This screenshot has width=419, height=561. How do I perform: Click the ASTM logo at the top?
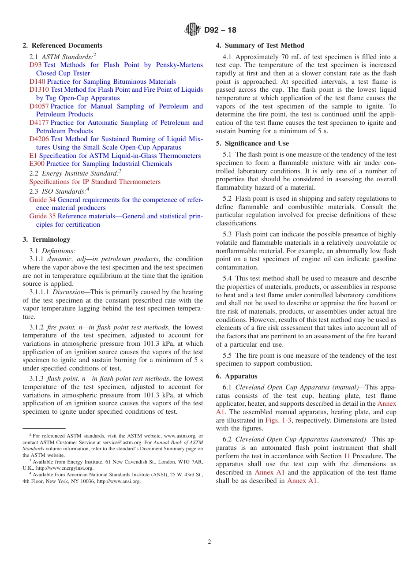pos(193,30)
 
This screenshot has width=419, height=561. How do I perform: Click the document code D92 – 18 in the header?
pos(220,30)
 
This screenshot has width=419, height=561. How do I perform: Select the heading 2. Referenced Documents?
pos(63,45)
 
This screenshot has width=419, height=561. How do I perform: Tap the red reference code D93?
pos(36,65)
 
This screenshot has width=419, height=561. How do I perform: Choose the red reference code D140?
pos(37,82)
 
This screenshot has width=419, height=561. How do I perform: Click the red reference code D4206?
pos(39,139)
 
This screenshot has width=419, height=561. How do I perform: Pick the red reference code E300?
pos(37,164)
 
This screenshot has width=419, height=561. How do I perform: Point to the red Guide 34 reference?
pos(42,200)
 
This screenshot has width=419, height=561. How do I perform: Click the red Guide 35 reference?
pos(42,216)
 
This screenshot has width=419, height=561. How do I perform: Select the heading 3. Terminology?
pos(46,239)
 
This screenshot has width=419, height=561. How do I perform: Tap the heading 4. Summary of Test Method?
pos(260,45)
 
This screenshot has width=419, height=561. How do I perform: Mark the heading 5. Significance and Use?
pos(252,143)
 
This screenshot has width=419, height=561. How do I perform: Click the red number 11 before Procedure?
pos(347,456)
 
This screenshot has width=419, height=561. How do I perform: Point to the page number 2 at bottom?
pos(209,542)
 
